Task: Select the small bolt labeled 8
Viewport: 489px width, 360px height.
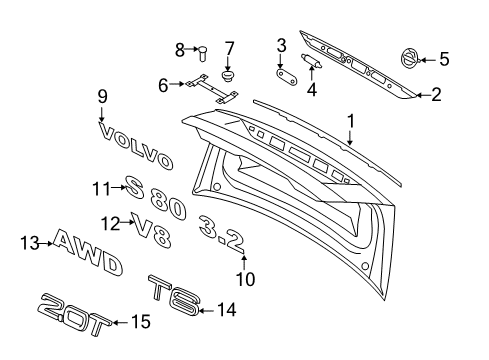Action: (200, 49)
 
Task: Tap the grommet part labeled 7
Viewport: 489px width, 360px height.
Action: (229, 72)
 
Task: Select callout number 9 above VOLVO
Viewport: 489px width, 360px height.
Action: (101, 96)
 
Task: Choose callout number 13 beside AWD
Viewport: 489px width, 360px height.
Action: (28, 242)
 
